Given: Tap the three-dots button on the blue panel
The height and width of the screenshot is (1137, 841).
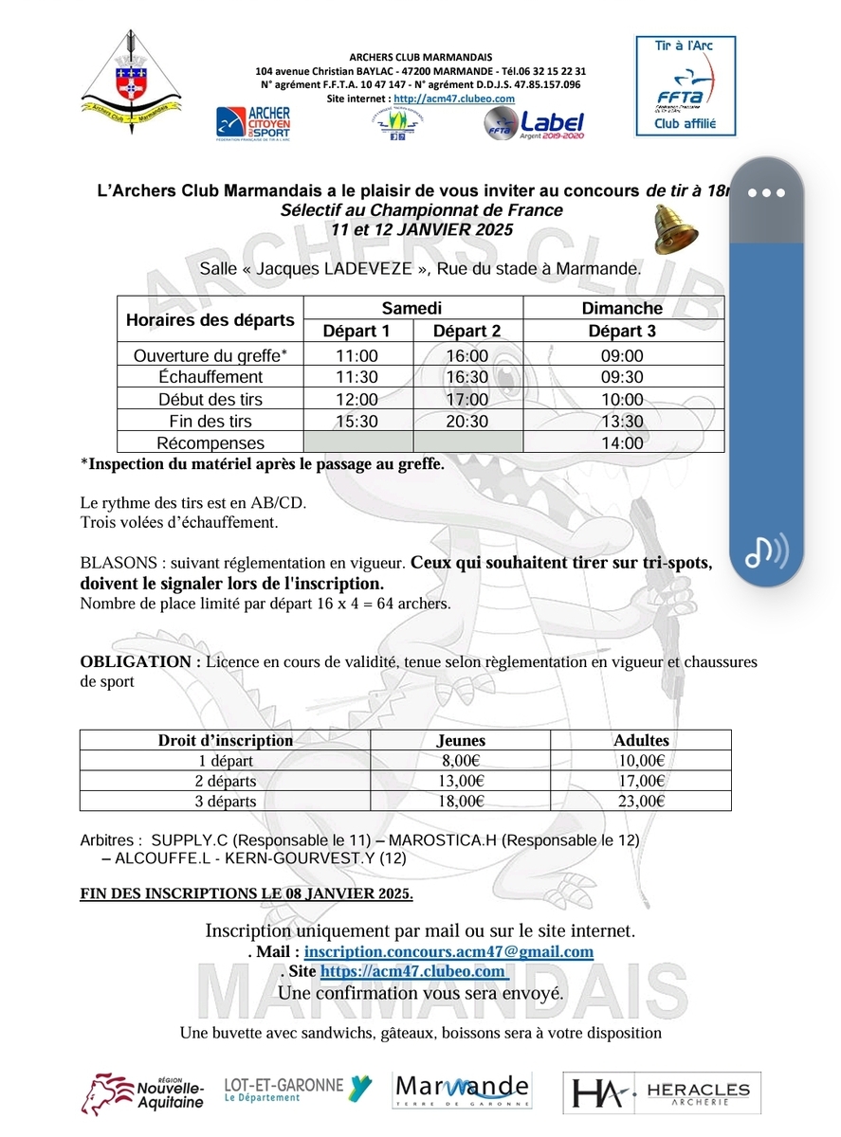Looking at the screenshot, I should [766, 192].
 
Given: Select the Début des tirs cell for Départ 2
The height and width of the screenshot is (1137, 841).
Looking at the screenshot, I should [466, 399].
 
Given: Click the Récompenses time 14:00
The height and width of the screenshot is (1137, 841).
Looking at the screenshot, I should [622, 442].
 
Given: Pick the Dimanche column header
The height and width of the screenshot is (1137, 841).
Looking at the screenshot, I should [622, 308].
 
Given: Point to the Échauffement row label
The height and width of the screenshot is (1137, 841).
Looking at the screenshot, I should [210, 377].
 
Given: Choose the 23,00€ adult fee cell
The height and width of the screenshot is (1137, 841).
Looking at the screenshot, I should [641, 801].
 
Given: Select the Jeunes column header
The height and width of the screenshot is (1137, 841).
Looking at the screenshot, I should [461, 740].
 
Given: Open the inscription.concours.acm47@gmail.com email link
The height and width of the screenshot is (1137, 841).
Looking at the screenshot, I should [448, 951].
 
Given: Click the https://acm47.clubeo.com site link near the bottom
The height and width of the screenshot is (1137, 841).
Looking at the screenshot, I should [413, 971].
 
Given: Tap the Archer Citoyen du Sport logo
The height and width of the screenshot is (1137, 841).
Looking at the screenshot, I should [254, 124].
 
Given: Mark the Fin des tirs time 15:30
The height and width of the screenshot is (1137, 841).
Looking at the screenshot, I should [357, 421].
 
